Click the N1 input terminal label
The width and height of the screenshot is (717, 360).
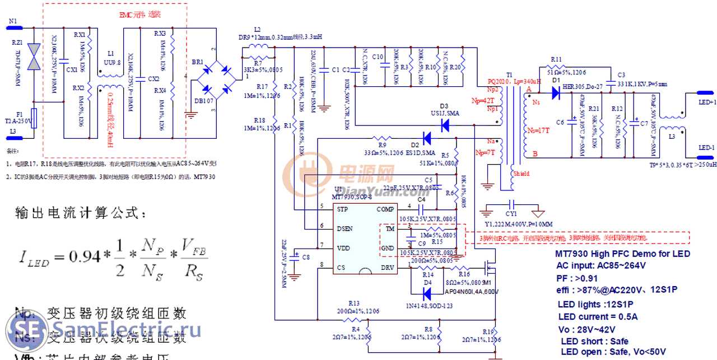coord(13,20)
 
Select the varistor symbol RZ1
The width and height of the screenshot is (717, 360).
coord(35,57)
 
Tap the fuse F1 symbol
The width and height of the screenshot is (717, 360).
coord(35,118)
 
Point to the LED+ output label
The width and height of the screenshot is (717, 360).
coord(706,102)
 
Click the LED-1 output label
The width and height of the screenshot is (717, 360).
coord(706,148)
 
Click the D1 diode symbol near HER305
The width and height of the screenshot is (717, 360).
coord(557,93)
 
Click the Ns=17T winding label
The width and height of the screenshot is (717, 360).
coord(538,129)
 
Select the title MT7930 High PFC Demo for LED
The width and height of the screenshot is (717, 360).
coord(622,254)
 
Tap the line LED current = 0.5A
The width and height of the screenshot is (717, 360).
coord(598,317)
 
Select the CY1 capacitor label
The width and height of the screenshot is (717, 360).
coord(511,214)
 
